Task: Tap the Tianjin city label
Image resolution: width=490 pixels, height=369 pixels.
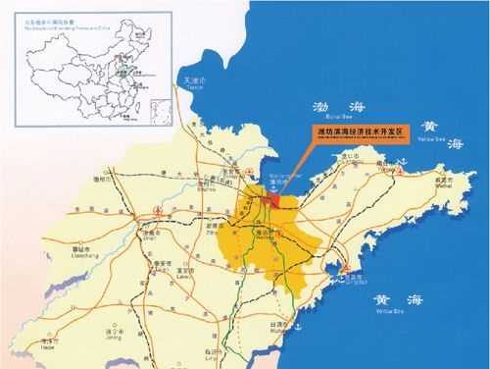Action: (184, 81)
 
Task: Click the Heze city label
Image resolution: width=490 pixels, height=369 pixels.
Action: (46, 337)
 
